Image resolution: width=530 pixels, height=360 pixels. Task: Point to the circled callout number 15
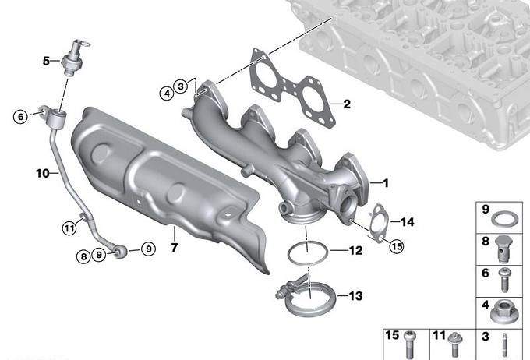pos(397,246)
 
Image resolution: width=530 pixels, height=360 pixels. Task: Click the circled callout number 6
pos(20,117)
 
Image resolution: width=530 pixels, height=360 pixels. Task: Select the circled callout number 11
pos(69,228)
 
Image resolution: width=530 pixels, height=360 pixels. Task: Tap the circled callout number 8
pos(84,256)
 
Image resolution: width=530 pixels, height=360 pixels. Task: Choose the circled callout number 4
pos(167,93)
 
